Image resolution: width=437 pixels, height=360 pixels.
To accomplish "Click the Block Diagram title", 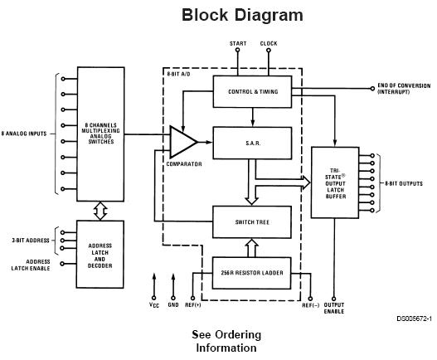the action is (242, 15).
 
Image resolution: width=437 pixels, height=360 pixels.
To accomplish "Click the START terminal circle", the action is (237, 50).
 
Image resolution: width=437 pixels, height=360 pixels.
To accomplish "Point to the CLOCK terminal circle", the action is (269, 51).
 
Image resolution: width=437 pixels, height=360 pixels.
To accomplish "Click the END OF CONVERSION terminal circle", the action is (372, 89).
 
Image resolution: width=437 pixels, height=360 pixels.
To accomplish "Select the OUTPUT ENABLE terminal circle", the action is (334, 299).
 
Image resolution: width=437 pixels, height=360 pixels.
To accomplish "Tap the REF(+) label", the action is (193, 305).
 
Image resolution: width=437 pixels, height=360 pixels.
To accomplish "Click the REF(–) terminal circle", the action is (310, 299).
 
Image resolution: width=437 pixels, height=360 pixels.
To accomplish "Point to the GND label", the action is (173, 304).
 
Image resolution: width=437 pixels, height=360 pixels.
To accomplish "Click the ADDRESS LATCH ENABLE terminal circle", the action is (62, 264).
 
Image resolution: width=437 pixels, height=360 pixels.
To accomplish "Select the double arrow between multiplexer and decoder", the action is (100, 211).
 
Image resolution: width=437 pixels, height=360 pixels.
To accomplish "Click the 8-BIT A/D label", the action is (178, 74).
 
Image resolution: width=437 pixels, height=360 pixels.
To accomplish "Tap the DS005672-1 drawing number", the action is (414, 319).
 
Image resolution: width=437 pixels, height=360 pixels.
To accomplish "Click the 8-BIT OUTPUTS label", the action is (404, 183).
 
